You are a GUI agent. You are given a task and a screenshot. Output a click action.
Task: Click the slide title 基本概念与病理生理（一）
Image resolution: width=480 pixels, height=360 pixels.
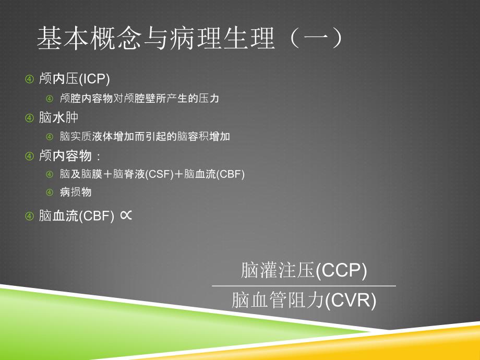pyautogui.click(x=190, y=38)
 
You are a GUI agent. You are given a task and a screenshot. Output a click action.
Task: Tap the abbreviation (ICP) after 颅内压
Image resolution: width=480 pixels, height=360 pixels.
pyautogui.click(x=94, y=79)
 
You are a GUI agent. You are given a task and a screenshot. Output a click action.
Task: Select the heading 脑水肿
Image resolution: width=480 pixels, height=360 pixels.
pyautogui.click(x=59, y=117)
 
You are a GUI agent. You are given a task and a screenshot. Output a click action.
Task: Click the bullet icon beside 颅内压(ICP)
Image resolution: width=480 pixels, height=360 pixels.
pyautogui.click(x=29, y=79)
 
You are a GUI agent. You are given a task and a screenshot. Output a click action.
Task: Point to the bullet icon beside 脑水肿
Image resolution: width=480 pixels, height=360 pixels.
pyautogui.click(x=29, y=118)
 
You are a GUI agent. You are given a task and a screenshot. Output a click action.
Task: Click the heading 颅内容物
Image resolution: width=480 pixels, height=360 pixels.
pyautogui.click(x=65, y=156)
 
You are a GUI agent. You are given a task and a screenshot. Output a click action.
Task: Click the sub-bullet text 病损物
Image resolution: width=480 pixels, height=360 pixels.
pyautogui.click(x=76, y=192)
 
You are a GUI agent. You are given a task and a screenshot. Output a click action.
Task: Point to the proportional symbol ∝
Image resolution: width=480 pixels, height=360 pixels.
pyautogui.click(x=126, y=215)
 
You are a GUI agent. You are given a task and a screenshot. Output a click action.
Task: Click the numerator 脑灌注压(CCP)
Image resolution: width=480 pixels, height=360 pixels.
pyautogui.click(x=304, y=270)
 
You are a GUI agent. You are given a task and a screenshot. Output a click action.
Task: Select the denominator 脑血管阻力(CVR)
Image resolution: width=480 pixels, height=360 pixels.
pyautogui.click(x=304, y=300)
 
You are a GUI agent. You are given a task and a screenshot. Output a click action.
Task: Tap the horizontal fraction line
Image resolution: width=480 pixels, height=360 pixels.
pyautogui.click(x=304, y=286)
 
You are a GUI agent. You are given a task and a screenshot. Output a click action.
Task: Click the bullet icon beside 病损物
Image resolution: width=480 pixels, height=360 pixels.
pyautogui.click(x=50, y=192)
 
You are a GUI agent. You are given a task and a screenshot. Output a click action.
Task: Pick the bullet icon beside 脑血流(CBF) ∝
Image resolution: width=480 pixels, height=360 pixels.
pyautogui.click(x=29, y=216)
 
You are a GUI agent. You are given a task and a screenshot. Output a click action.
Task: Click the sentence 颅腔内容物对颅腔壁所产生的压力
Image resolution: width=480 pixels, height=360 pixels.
pyautogui.click(x=140, y=98)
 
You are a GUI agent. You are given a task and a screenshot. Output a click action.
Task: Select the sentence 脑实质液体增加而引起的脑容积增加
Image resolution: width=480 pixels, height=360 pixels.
pyautogui.click(x=145, y=137)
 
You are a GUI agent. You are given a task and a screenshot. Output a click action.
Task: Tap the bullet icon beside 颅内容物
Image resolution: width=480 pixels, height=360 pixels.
pyautogui.click(x=29, y=156)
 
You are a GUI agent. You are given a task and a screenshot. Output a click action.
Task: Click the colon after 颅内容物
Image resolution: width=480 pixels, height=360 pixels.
pyautogui.click(x=98, y=157)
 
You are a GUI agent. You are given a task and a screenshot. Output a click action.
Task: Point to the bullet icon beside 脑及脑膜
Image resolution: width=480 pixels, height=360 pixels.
pyautogui.click(x=50, y=174)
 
